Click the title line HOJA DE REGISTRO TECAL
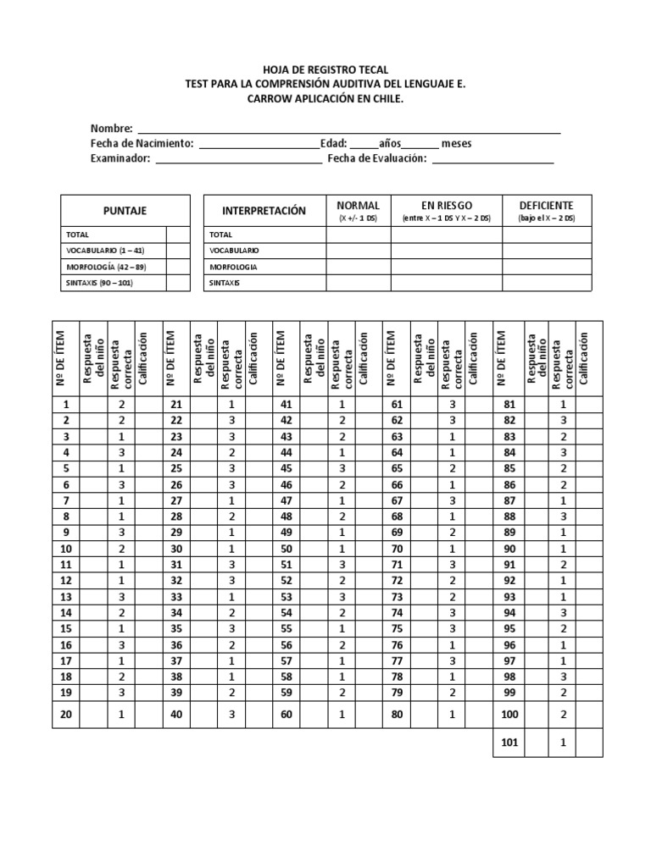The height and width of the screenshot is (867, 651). [325, 70]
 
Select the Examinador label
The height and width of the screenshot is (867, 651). [120, 158]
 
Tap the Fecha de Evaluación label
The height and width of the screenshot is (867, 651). [376, 158]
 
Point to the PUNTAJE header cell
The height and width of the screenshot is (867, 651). [125, 210]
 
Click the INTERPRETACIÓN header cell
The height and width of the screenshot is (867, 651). [264, 210]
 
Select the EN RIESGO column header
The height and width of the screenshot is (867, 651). [446, 206]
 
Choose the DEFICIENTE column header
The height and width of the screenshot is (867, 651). [546, 206]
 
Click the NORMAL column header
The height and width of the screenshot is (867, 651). [358, 206]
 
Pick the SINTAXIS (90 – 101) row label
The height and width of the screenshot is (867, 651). [100, 283]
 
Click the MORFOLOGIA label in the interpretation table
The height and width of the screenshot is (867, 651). [234, 267]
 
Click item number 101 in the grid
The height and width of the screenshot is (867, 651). [509, 743]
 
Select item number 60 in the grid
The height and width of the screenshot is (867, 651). [286, 715]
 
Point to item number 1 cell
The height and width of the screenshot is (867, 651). [65, 405]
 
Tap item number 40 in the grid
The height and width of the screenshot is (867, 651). [175, 715]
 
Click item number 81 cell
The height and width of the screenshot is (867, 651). [509, 405]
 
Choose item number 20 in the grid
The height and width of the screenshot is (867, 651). [65, 715]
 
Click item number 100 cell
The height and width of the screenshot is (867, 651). [509, 715]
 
